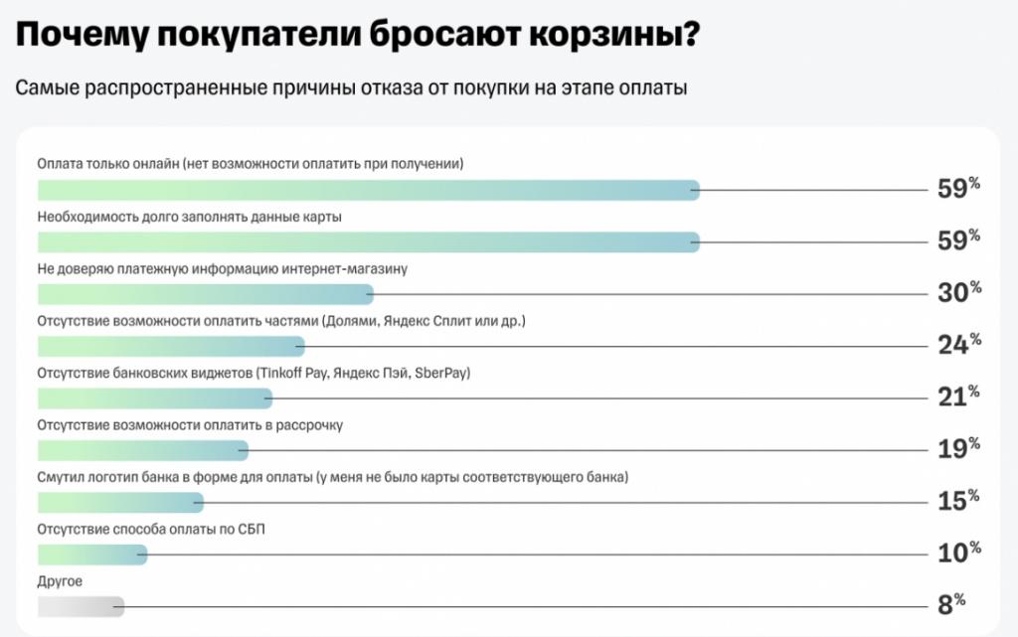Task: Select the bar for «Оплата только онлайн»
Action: pyautogui.click(x=368, y=189)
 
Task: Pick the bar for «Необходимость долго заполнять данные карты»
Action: pyautogui.click(x=368, y=240)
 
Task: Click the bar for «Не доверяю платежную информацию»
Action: pyautogui.click(x=205, y=293)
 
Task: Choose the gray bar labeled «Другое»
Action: pyautogui.click(x=81, y=605)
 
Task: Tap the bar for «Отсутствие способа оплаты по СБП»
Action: pyautogui.click(x=91, y=554)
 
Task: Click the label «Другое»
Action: pyautogui.click(x=60, y=581)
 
